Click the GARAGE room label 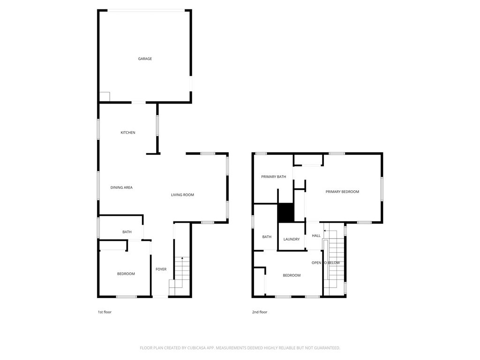[145, 59]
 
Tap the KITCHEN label [128, 133]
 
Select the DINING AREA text [121, 187]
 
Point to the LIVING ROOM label [182, 195]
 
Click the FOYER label [161, 270]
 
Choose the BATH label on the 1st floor [127, 232]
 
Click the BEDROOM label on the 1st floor [126, 274]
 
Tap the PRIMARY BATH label [274, 177]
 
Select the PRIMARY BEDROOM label [342, 192]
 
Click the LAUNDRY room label [292, 240]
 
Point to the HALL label [316, 236]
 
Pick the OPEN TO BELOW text [326, 262]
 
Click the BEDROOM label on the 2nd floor [292, 275]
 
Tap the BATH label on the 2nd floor [267, 237]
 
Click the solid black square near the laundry [285, 212]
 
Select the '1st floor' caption [105, 312]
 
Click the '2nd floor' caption [260, 312]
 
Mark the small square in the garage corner [105, 97]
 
